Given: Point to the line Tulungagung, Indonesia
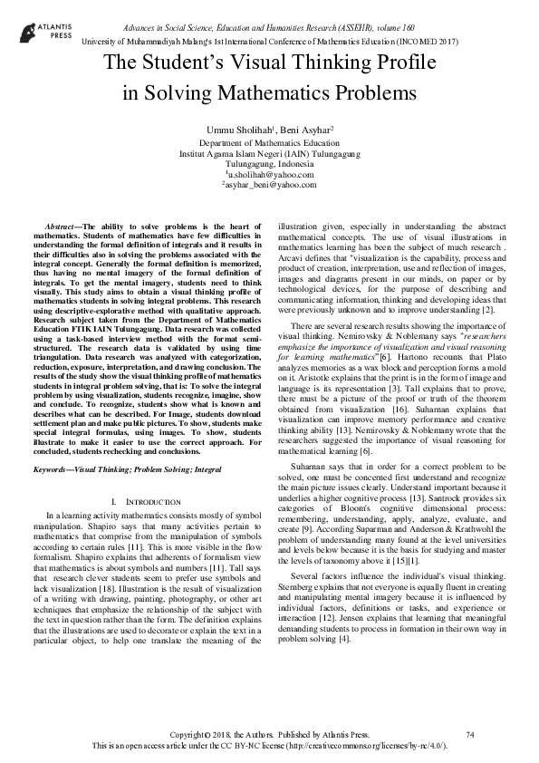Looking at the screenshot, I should coord(269,164).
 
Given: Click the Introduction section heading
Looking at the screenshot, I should coord(146,500).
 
